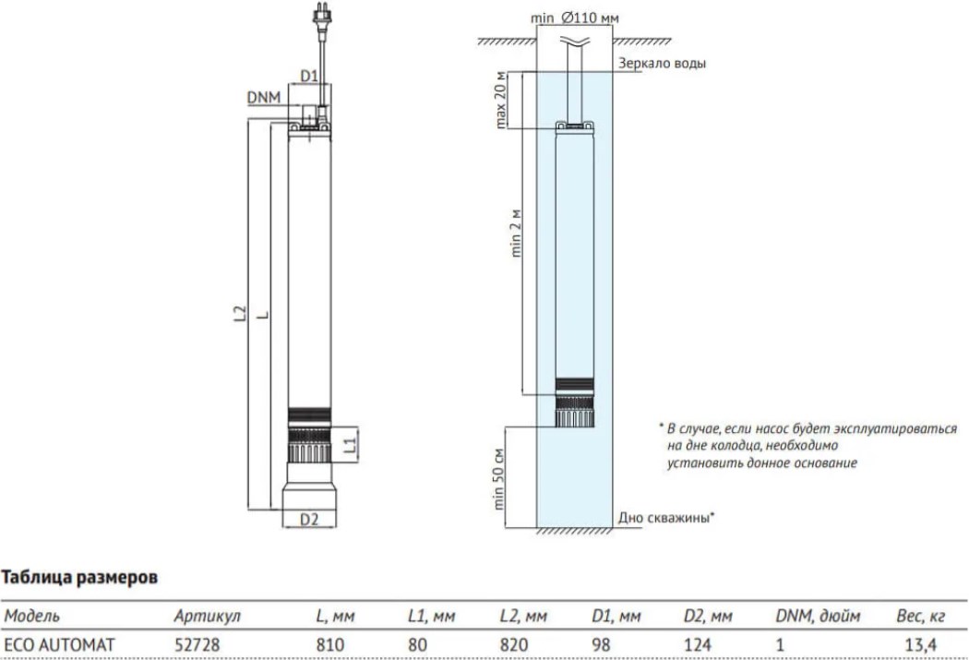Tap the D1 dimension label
309,75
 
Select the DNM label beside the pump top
263,96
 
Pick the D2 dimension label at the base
309,519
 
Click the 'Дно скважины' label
664,518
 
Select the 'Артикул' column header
207,616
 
